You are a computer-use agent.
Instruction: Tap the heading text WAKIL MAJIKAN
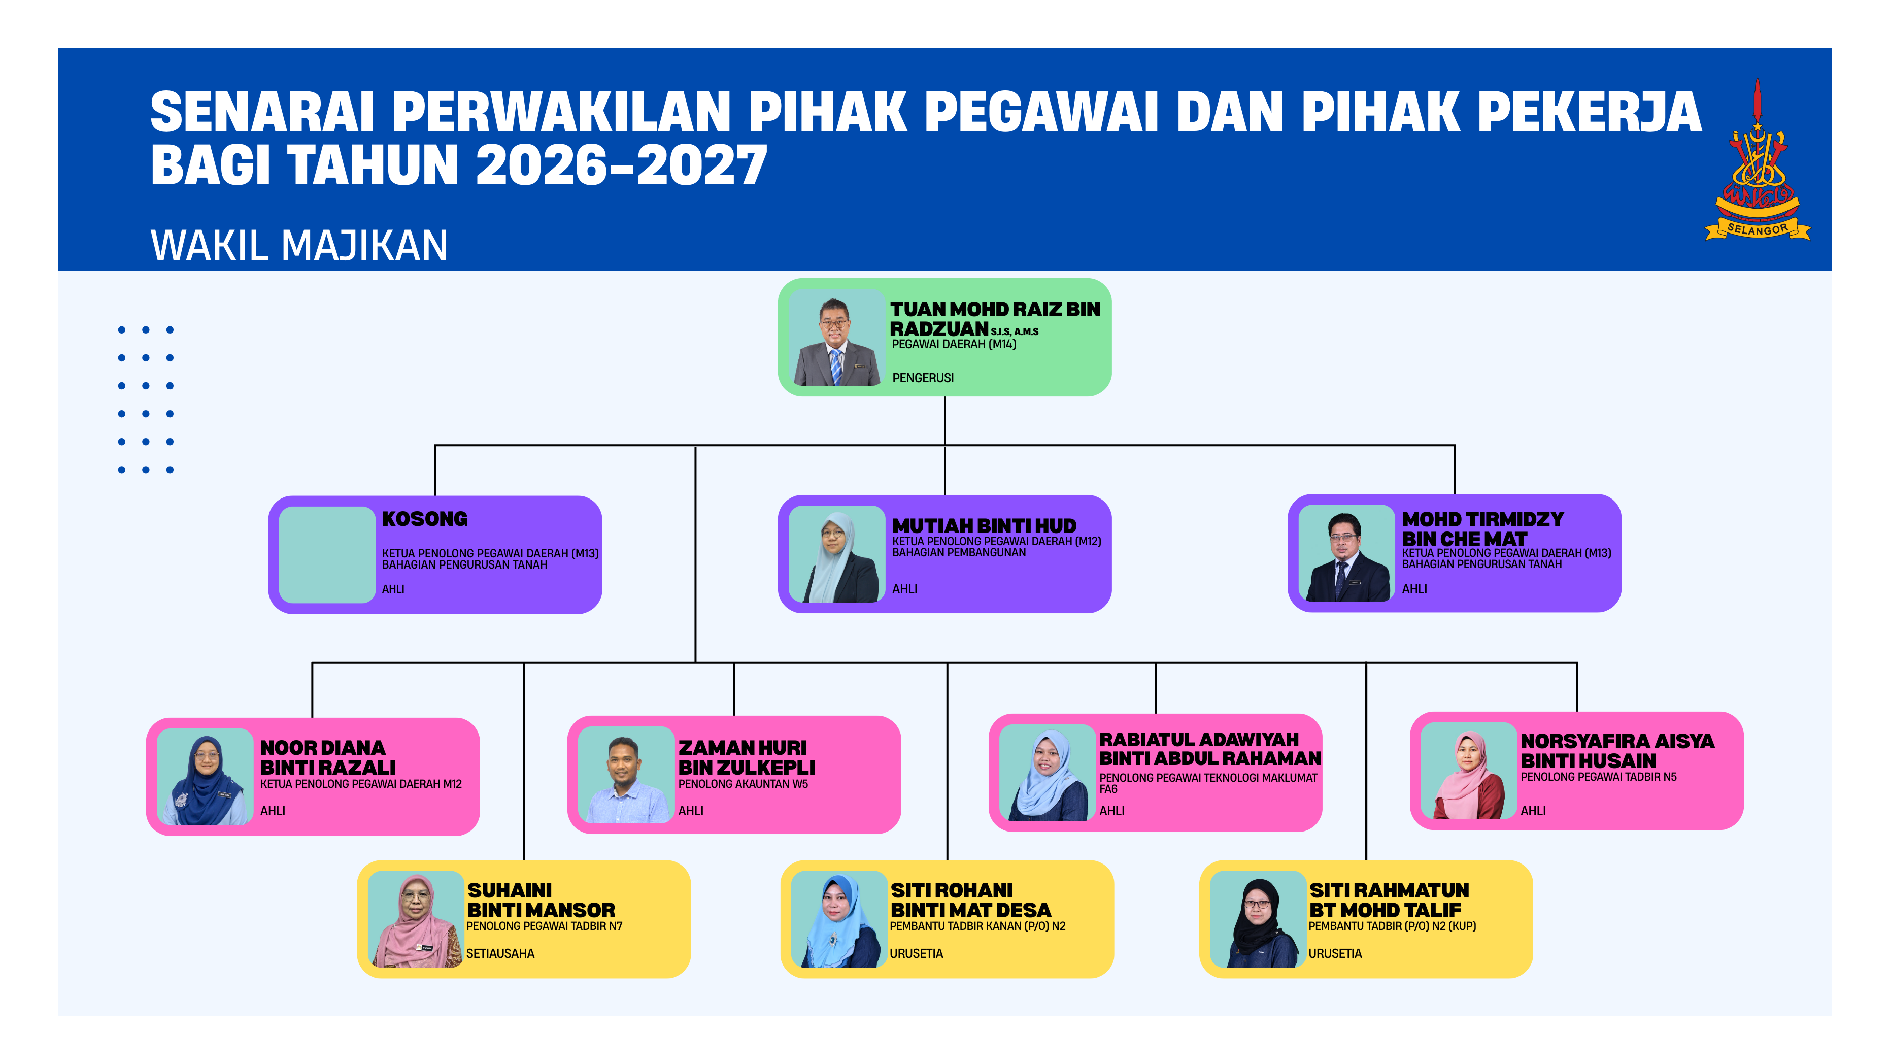click(x=299, y=245)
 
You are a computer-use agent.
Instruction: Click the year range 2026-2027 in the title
click(x=621, y=164)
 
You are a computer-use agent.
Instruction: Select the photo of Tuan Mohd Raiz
click(x=836, y=338)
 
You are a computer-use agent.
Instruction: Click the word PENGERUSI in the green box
click(x=923, y=378)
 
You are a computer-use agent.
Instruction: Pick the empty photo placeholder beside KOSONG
click(x=327, y=555)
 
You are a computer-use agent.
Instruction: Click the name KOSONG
click(x=425, y=519)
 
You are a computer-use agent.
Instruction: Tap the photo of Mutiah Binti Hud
click(x=836, y=554)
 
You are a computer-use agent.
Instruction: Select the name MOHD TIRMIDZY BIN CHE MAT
click(x=1483, y=529)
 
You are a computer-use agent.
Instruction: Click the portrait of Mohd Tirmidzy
click(x=1346, y=553)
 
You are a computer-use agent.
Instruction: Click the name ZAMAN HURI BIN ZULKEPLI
click(x=746, y=757)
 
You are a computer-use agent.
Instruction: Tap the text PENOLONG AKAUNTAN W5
click(x=743, y=784)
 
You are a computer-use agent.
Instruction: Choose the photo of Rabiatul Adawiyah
click(x=1048, y=773)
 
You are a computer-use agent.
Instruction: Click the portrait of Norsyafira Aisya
click(x=1469, y=771)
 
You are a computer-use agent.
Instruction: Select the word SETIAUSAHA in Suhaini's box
click(x=500, y=954)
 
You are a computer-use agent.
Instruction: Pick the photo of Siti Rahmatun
click(x=1258, y=919)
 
